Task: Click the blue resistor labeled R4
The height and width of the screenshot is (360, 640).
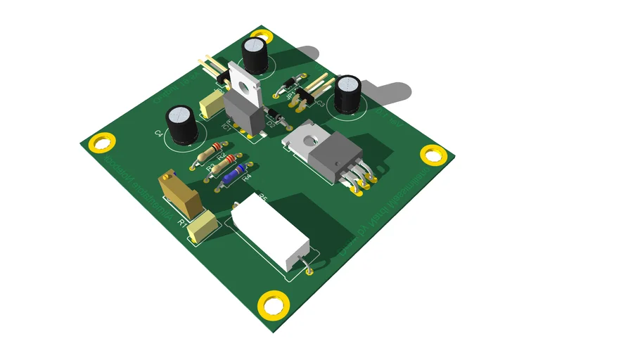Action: tap(233, 175)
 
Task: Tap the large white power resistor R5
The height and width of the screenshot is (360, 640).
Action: tap(271, 233)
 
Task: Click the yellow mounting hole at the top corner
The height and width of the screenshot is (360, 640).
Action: tap(262, 35)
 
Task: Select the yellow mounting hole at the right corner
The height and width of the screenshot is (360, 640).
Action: tap(433, 154)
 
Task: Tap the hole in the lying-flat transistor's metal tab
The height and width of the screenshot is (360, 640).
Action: tap(306, 140)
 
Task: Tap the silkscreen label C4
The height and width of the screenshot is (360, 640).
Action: tap(159, 132)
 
